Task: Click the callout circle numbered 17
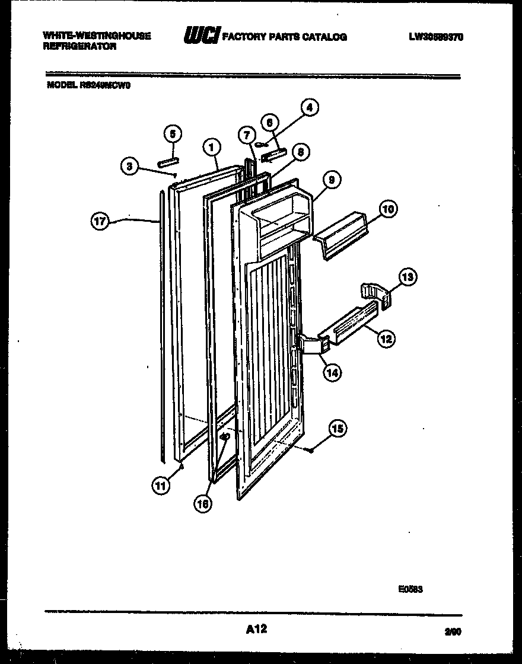pyautogui.click(x=100, y=222)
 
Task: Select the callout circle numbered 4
pyautogui.click(x=308, y=107)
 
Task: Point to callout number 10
pyautogui.click(x=389, y=209)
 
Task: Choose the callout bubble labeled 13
pyautogui.click(x=408, y=277)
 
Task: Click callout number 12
pyautogui.click(x=386, y=339)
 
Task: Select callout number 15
pyautogui.click(x=338, y=429)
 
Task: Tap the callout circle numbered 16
pyautogui.click(x=202, y=503)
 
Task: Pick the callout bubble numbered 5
pyautogui.click(x=172, y=133)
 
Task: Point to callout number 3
pyautogui.click(x=129, y=166)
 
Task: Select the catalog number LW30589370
pyautogui.click(x=435, y=37)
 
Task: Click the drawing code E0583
pyautogui.click(x=410, y=589)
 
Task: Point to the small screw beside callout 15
pyautogui.click(x=311, y=452)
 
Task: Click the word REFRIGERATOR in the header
pyautogui.click(x=79, y=46)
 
